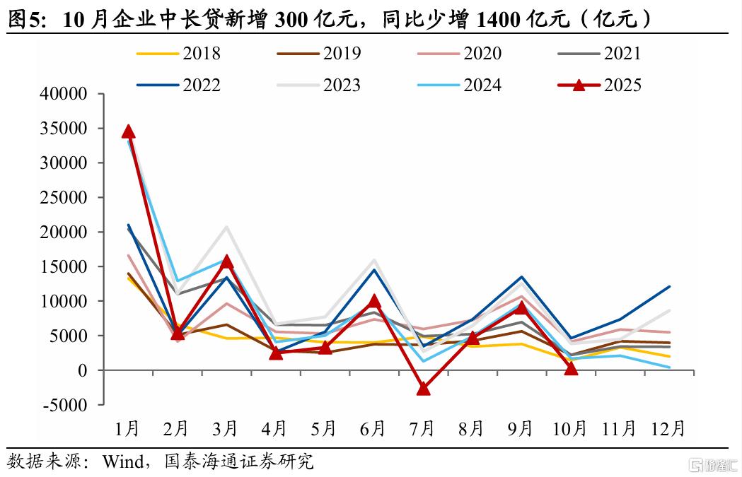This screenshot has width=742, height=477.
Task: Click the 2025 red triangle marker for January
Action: point(128,131)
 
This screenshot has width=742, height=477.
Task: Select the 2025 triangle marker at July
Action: point(423,388)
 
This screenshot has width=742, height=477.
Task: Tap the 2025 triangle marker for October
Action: point(571,367)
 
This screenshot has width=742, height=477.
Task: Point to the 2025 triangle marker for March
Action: point(226,261)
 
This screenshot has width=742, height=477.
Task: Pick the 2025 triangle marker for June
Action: point(374,302)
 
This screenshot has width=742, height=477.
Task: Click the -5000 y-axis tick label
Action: point(64,405)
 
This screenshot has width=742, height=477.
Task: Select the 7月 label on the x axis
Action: point(423,428)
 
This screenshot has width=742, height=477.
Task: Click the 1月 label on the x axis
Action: point(128,428)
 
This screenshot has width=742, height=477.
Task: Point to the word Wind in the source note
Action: point(124,462)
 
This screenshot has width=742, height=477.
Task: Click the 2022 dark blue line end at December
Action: point(669,287)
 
